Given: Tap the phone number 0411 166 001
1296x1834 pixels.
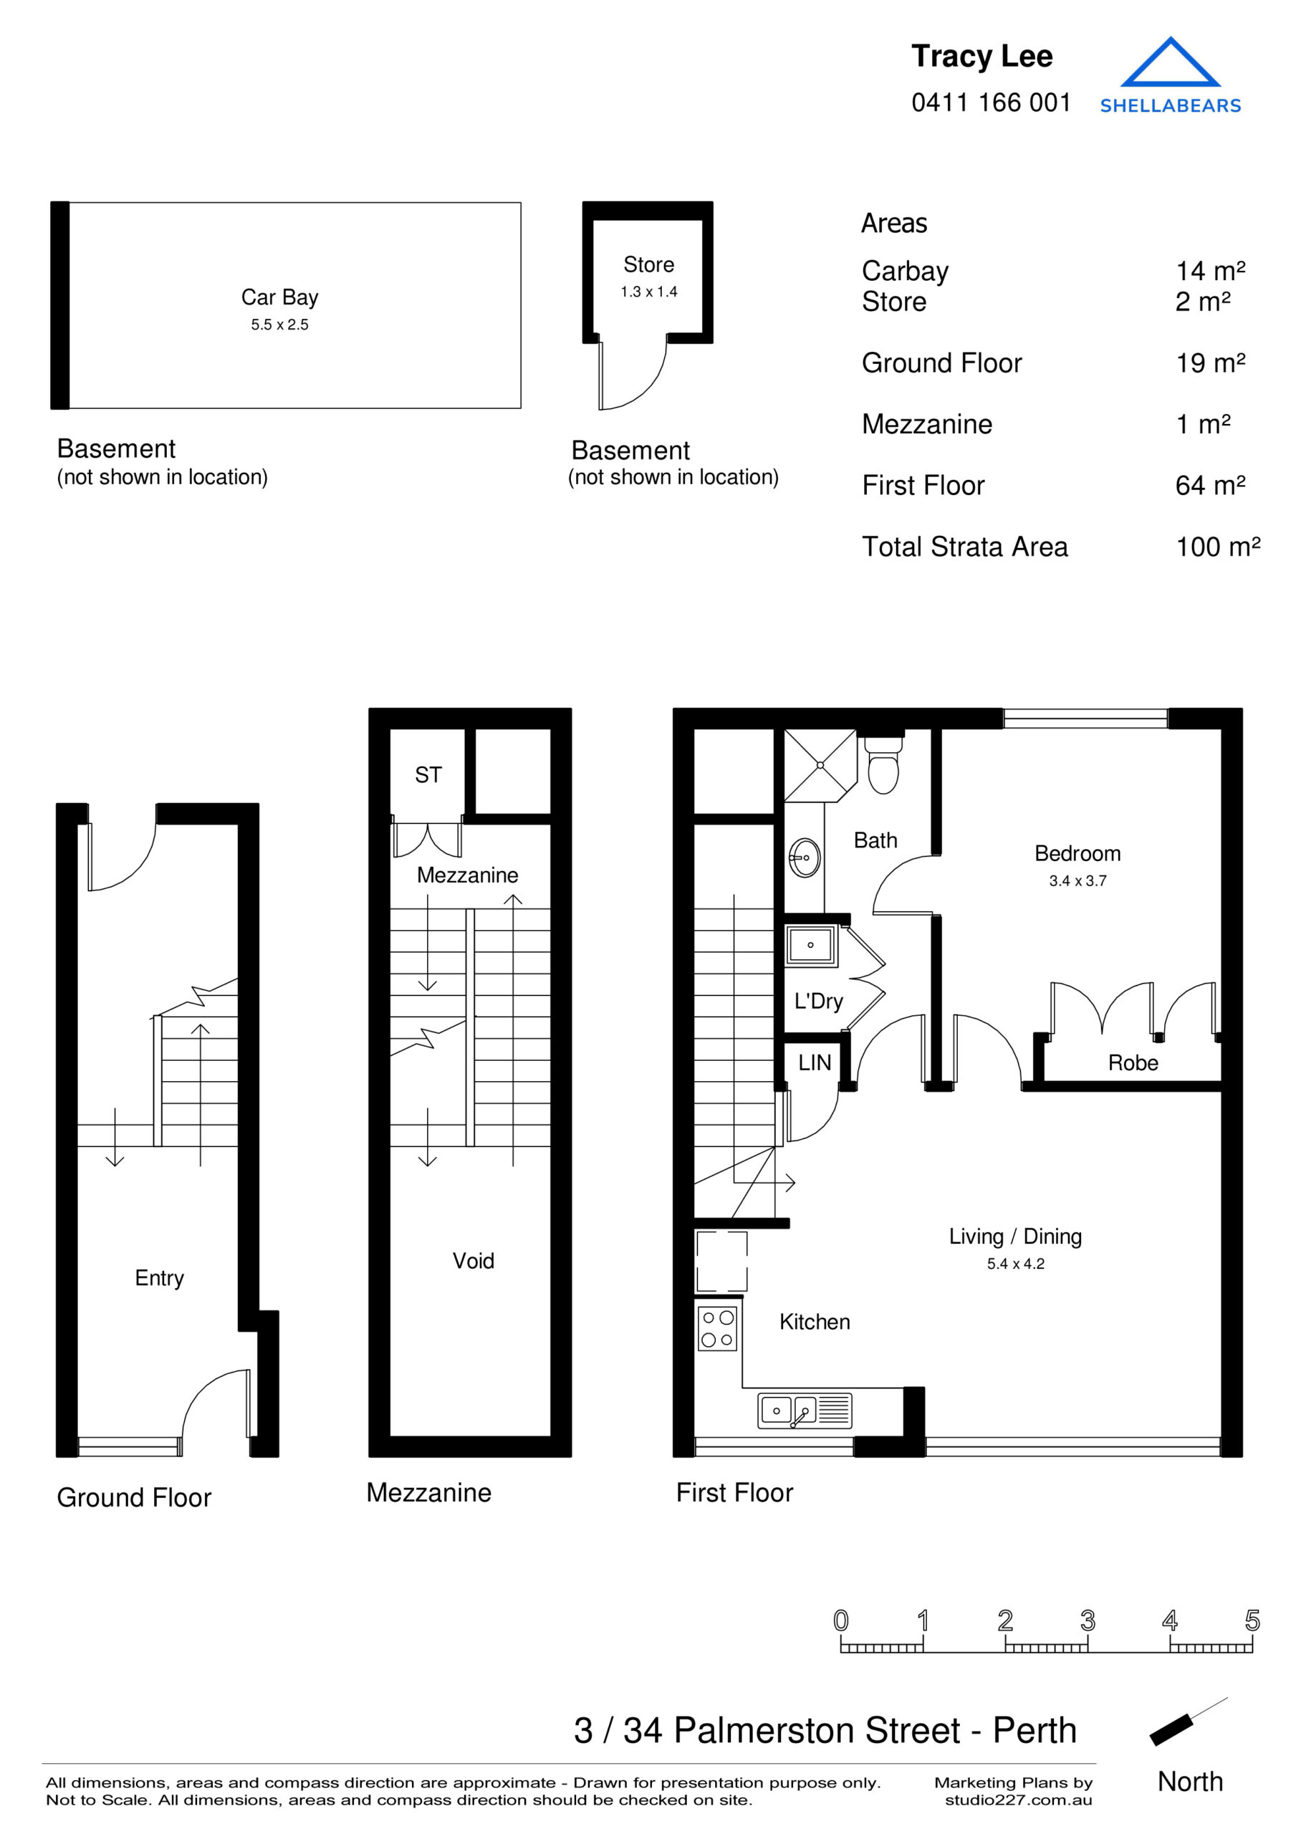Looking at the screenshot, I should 990,103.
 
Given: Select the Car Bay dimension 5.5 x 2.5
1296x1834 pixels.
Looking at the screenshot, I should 279,325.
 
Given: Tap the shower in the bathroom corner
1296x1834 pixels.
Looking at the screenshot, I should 819,765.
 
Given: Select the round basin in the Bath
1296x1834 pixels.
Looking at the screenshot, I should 804,858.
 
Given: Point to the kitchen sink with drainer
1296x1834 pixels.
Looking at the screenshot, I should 804,1411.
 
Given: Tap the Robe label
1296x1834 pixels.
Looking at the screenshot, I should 1132,1063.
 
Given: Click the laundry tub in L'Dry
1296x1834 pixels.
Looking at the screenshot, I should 810,946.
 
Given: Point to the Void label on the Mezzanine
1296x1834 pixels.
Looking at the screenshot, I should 473,1262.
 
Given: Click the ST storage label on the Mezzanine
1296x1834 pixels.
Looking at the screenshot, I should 428,775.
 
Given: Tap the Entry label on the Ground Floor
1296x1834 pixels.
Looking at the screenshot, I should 159,1279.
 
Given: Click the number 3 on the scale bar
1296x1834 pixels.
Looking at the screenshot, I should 1087,1621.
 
